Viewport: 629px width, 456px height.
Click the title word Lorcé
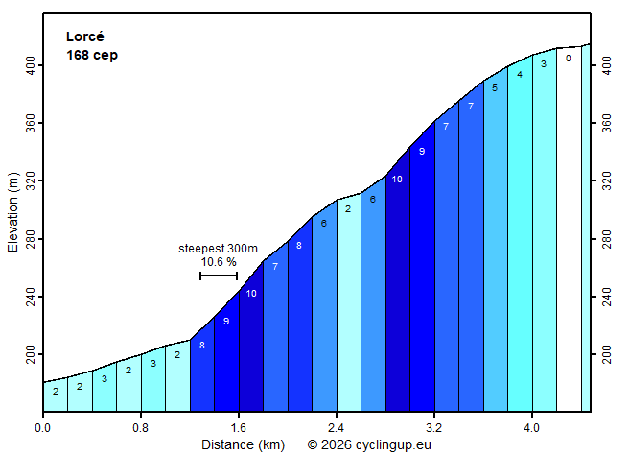pos(85,36)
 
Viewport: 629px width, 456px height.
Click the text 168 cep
pos(92,55)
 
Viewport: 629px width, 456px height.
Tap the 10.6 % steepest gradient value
pos(219,261)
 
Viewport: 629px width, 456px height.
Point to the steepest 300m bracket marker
pos(219,276)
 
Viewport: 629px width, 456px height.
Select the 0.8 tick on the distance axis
pos(141,427)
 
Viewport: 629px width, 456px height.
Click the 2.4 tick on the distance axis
pos(337,427)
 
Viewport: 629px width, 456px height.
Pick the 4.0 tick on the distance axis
pos(532,427)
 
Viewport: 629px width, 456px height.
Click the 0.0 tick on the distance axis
pos(43,427)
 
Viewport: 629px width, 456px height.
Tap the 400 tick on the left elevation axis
pos(30,65)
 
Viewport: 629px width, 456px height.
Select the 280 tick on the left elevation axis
pos(30,239)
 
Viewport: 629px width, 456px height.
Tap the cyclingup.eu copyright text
pos(369,444)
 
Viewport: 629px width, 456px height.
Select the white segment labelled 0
pos(569,230)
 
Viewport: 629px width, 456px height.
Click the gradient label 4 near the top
pos(520,74)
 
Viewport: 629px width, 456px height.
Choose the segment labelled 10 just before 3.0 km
pos(397,288)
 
